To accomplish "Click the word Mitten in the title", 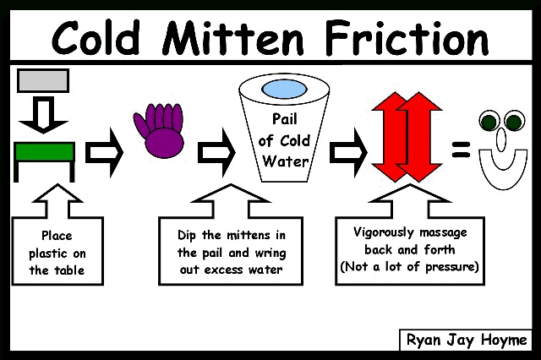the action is click(x=233, y=38).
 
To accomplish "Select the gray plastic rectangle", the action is click(x=43, y=80).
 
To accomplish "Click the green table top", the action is click(x=44, y=152).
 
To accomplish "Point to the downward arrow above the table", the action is click(x=43, y=115).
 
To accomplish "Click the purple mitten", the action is click(x=160, y=130).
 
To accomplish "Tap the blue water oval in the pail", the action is click(x=284, y=90).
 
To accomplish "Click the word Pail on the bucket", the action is click(x=284, y=119).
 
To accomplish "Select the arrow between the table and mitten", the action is click(x=104, y=152).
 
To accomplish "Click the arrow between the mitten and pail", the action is click(x=216, y=152).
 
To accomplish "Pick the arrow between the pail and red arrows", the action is click(x=348, y=152).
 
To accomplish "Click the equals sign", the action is click(x=461, y=150).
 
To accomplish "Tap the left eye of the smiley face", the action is click(x=489, y=121).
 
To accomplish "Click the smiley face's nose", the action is click(x=501, y=139).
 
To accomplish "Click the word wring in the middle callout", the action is click(x=270, y=254).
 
